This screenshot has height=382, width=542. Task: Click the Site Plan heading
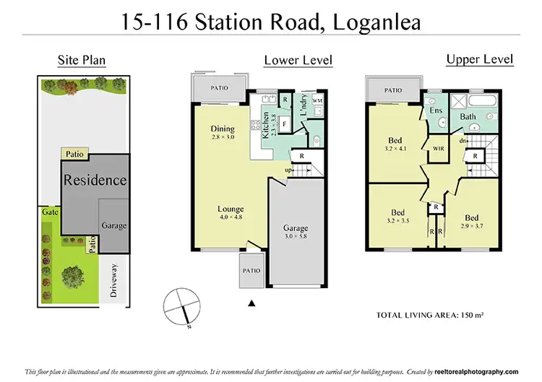(x=82, y=61)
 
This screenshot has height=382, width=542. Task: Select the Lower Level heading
(x=298, y=61)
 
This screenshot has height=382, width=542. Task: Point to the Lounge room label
(x=231, y=210)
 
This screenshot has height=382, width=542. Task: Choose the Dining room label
(x=223, y=129)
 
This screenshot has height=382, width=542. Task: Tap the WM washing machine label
(x=317, y=101)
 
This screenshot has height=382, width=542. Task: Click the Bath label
(x=468, y=116)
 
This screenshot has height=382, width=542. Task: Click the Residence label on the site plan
(x=95, y=181)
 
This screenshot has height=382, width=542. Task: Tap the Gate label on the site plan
(x=50, y=213)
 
